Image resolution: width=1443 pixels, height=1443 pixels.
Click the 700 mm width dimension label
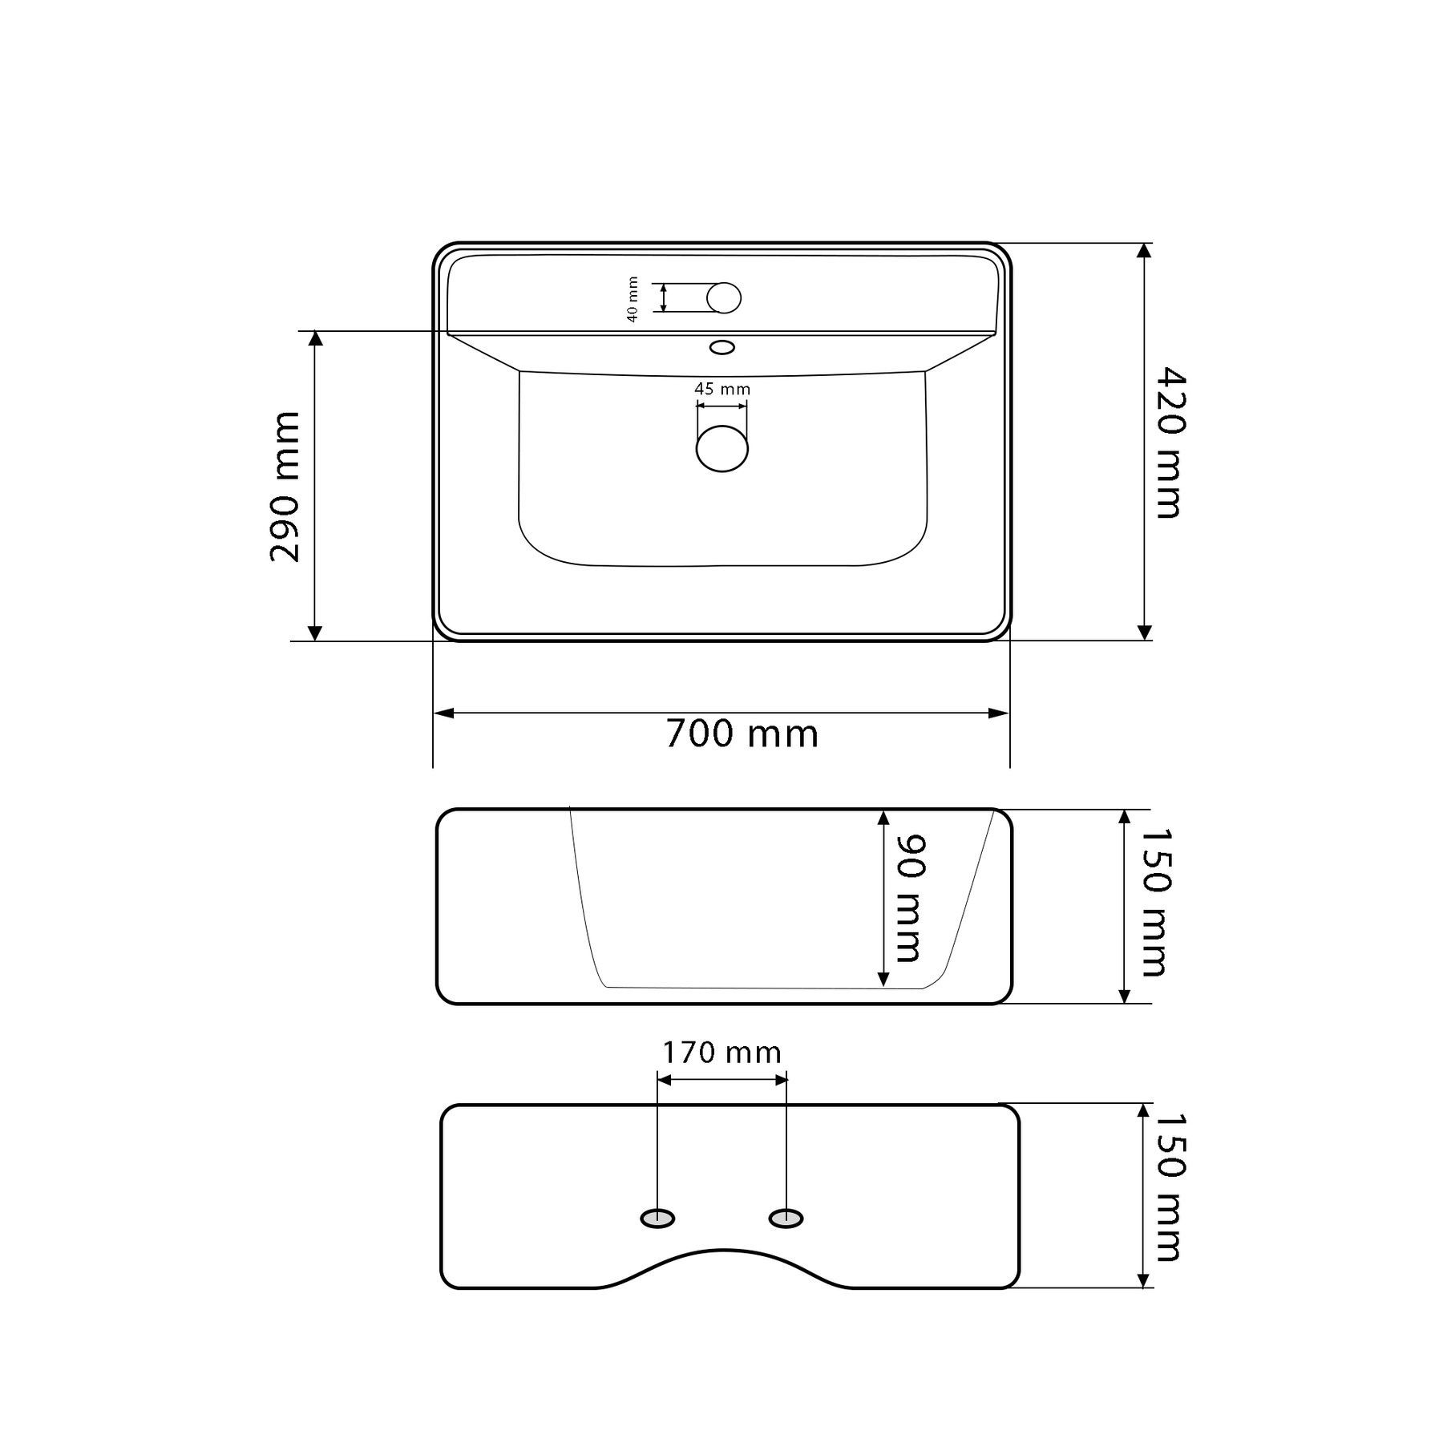pos(742,734)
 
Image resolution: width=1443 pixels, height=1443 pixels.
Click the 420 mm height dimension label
pos(1171,443)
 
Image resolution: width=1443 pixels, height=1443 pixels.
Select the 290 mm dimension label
pos(285,487)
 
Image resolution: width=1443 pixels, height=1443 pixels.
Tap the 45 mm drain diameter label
pos(722,389)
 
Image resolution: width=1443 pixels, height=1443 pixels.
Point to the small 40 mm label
pos(633,299)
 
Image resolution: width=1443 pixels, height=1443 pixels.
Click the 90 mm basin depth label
pos(911,898)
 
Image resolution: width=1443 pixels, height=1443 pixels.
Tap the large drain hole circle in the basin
pos(722,448)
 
